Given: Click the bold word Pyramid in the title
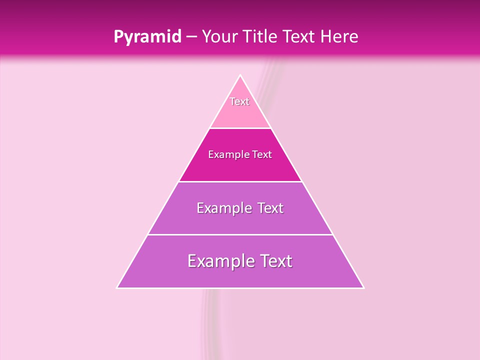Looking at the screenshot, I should tap(147, 37).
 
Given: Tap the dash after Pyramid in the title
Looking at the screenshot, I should tap(191, 37).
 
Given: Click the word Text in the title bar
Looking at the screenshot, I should tap(299, 37).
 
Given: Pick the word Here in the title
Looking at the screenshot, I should tap(339, 37).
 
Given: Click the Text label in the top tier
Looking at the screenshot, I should tap(239, 101).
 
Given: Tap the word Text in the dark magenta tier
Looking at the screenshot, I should tap(262, 155).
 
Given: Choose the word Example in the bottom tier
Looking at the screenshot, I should tap(218, 261).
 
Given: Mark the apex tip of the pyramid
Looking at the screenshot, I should tap(240, 75).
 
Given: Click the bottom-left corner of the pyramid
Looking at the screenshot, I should tap(117, 287).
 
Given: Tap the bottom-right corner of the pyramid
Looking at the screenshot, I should tap(363, 287).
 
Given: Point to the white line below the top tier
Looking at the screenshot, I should tap(240, 128).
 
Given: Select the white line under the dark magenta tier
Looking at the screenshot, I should tap(240, 181).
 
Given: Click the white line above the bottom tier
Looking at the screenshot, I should tap(240, 234).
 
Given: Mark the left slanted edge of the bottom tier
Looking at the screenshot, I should tap(132, 261).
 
